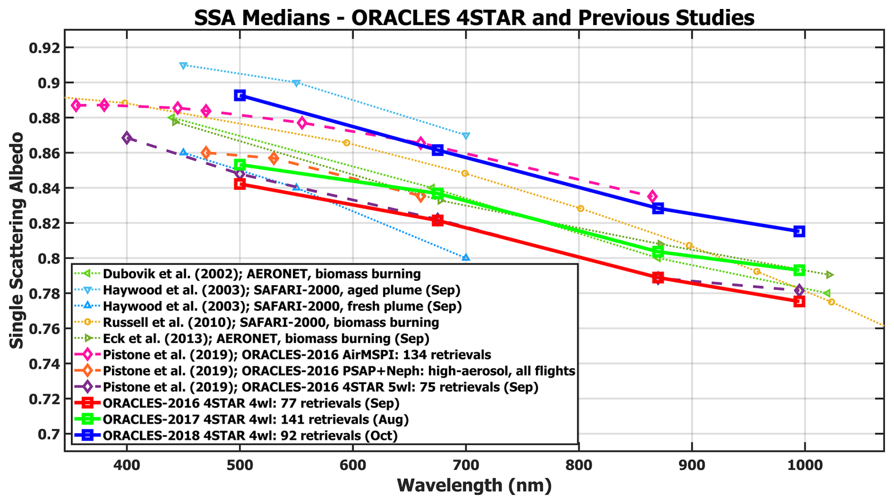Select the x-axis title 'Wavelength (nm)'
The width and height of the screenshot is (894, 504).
(474, 485)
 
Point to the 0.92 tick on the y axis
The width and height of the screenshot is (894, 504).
(44, 48)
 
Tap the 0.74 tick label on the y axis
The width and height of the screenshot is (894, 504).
(44, 364)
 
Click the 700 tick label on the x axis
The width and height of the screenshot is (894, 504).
(466, 465)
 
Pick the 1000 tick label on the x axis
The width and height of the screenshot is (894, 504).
(804, 465)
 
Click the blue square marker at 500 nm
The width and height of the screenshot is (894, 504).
(240, 95)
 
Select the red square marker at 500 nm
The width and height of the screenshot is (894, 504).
(240, 184)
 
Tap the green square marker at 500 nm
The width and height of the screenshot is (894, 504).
(240, 165)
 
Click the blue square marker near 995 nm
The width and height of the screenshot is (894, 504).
(799, 231)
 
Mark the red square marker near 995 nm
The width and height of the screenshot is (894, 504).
(799, 301)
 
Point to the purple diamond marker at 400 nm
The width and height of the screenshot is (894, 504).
(127, 138)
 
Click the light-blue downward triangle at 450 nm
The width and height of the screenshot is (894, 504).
(183, 66)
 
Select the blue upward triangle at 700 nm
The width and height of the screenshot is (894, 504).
(466, 258)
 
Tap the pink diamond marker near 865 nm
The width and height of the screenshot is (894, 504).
(653, 196)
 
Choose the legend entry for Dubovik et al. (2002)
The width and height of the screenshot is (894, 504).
(261, 274)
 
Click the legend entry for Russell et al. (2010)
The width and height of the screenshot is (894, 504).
(271, 323)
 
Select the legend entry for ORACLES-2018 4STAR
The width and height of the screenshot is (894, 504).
(250, 436)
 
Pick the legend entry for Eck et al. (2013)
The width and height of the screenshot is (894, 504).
(266, 339)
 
